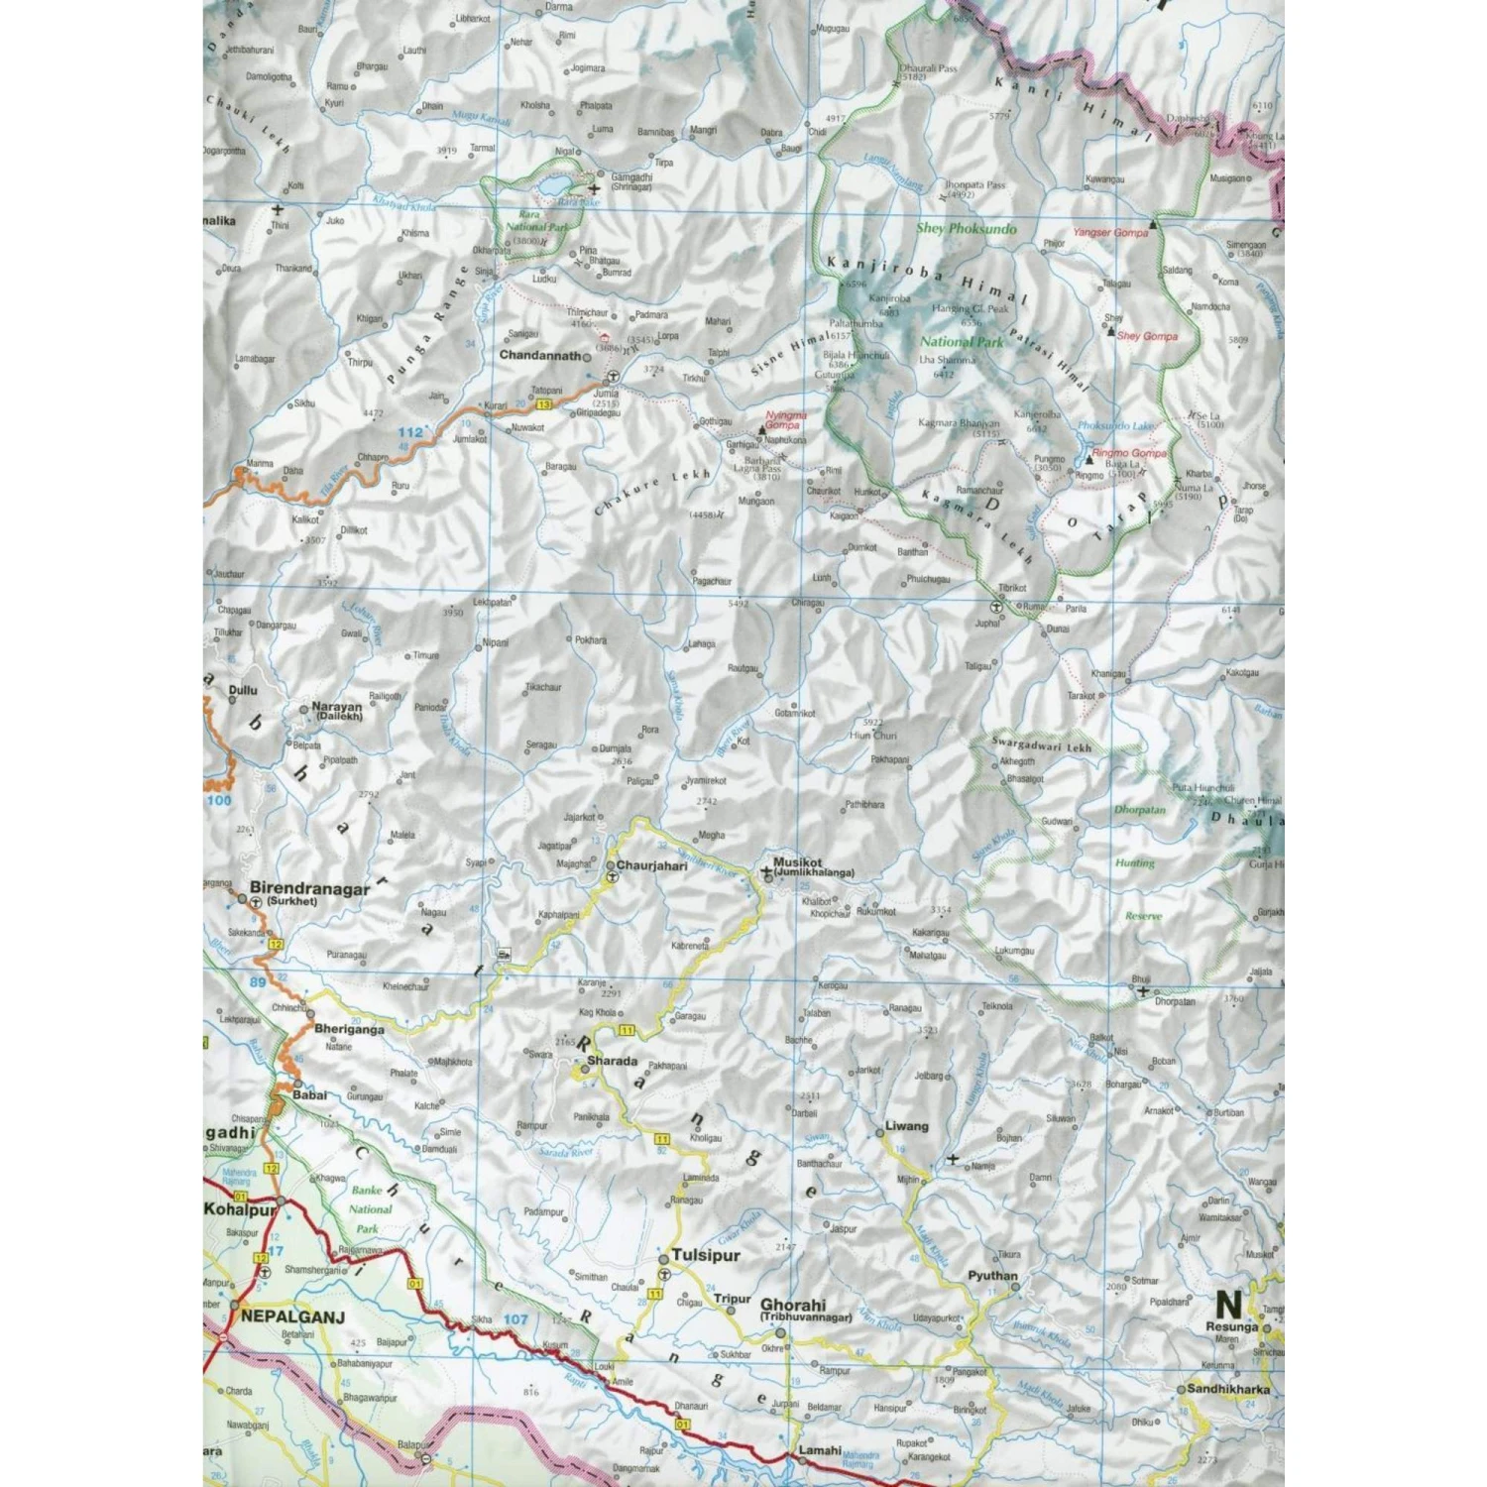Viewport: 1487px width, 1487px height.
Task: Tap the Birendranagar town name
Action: (x=309, y=888)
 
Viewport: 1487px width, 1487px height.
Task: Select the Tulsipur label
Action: (x=706, y=1254)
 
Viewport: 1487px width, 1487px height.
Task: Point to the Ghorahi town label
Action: (x=793, y=1305)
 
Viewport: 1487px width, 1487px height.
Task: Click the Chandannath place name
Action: (x=539, y=355)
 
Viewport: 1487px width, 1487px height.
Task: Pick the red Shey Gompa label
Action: (x=1147, y=336)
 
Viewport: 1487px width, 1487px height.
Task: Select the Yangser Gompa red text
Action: (x=1109, y=232)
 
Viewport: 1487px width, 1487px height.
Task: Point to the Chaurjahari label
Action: (x=651, y=865)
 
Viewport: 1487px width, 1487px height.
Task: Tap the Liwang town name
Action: (x=906, y=1125)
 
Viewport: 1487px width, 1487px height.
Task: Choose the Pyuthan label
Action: (x=992, y=1276)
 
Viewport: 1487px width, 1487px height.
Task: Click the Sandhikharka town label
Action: (x=1227, y=1389)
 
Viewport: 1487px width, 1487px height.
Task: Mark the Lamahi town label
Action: (x=820, y=1450)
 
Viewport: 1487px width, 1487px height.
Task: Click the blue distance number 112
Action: (x=409, y=432)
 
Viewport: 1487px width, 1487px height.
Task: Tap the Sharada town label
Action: (x=612, y=1061)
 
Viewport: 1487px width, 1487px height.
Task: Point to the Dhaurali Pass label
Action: (x=927, y=68)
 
